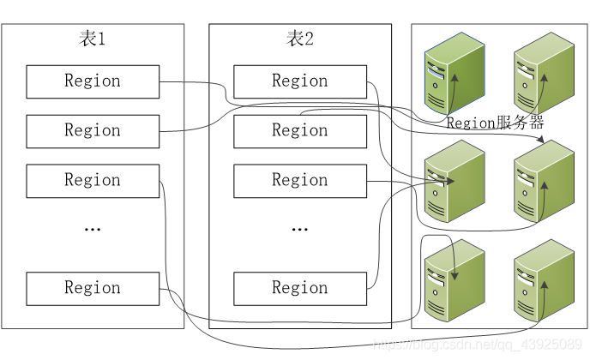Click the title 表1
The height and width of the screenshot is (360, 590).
pyautogui.click(x=92, y=39)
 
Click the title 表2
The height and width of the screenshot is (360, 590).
pyautogui.click(x=300, y=39)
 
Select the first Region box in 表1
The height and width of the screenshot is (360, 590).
pyautogui.click(x=93, y=81)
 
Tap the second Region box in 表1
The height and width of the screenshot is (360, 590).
pyautogui.click(x=93, y=131)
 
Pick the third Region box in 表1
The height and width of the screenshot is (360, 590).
pyautogui.click(x=93, y=181)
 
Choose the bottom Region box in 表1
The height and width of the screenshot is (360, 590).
pyautogui.click(x=93, y=289)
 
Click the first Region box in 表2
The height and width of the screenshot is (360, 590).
pyautogui.click(x=300, y=81)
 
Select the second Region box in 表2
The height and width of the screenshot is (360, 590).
pyautogui.click(x=300, y=131)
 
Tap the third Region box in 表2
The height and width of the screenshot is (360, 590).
pyautogui.click(x=300, y=181)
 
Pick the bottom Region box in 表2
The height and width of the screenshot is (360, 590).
pyautogui.click(x=300, y=289)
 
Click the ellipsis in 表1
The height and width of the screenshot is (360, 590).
pyautogui.click(x=93, y=230)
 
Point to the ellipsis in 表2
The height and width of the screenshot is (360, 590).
pyautogui.click(x=300, y=230)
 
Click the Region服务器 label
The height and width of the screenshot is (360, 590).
pyautogui.click(x=495, y=123)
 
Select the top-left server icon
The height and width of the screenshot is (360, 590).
pyautogui.click(x=454, y=72)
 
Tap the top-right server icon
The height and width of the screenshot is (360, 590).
pyautogui.click(x=543, y=72)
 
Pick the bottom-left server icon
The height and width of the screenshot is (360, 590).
pyautogui.click(x=454, y=280)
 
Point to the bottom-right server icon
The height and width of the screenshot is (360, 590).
pyautogui.click(x=543, y=280)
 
